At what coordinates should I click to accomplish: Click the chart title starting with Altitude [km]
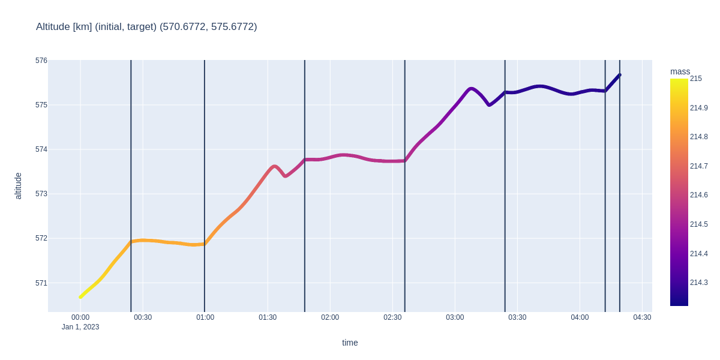coord(146,26)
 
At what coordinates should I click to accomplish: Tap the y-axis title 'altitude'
coord(18,186)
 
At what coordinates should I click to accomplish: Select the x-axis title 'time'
coord(350,343)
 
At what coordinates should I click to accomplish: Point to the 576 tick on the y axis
coord(41,61)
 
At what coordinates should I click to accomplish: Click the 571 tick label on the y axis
coord(41,283)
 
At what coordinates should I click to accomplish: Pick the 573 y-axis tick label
coord(41,194)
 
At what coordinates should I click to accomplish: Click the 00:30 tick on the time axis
coord(143,317)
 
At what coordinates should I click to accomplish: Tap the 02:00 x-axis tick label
coord(330,317)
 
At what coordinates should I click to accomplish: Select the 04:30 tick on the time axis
coord(642,317)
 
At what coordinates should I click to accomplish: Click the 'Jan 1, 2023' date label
coord(80,327)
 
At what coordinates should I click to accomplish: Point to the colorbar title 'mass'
coord(680,71)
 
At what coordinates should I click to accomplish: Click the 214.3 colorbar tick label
coord(698,283)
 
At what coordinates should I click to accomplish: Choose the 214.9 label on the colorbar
coord(698,108)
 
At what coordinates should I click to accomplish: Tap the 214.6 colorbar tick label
coord(698,195)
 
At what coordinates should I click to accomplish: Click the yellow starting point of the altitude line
coord(80,297)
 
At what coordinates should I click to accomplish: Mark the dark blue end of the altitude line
coord(619,75)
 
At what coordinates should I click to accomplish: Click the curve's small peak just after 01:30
coord(274,166)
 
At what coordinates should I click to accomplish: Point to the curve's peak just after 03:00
coord(471,89)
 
